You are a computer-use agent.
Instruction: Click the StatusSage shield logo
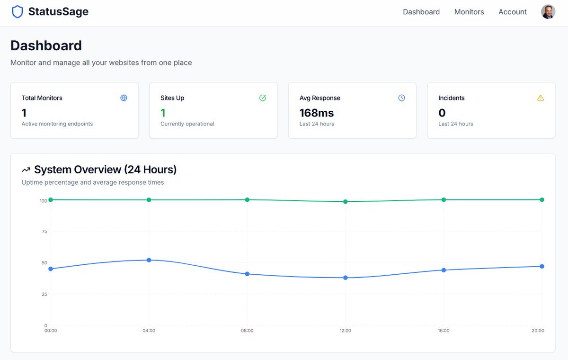(x=18, y=12)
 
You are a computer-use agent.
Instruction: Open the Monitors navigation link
(x=469, y=12)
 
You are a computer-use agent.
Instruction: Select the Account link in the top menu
(x=512, y=12)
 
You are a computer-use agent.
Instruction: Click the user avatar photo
(x=548, y=12)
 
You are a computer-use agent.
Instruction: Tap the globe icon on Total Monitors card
(x=124, y=98)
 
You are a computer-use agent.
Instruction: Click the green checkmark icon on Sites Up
(x=263, y=98)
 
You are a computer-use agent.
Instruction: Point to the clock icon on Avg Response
(x=401, y=98)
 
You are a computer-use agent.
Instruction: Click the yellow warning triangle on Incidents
(x=541, y=98)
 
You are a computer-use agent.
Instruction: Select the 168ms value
(x=317, y=113)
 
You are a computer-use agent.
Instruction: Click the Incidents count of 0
(x=442, y=113)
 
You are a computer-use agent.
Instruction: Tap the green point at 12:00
(x=346, y=202)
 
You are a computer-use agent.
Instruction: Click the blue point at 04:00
(x=149, y=260)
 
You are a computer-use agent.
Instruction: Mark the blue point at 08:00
(x=247, y=274)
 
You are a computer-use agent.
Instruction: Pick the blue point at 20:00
(x=542, y=266)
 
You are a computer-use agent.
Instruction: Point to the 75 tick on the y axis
(x=44, y=232)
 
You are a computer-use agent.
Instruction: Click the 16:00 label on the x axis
(x=444, y=331)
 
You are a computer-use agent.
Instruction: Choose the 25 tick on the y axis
(x=44, y=295)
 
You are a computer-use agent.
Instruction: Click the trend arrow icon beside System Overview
(x=26, y=170)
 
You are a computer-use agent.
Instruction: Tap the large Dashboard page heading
(x=46, y=45)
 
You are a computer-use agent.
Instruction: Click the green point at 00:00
(x=51, y=200)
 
